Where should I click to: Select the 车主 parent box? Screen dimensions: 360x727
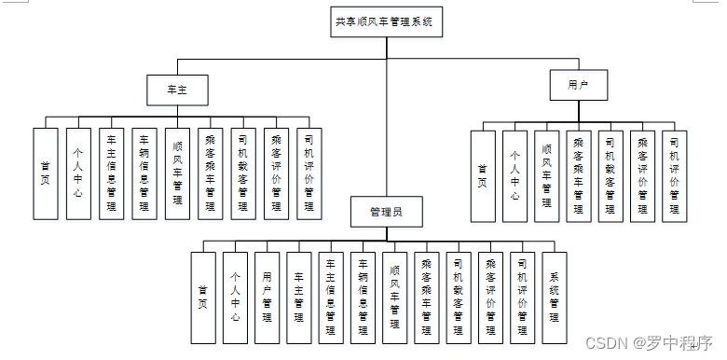point(176,90)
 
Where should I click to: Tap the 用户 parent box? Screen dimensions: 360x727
point(579,85)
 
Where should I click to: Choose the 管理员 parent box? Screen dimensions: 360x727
point(386,212)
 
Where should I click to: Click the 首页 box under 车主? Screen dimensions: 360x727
point(46,173)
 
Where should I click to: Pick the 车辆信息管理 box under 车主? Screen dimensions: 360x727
point(144,173)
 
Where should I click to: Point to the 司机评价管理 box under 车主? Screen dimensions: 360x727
point(309,173)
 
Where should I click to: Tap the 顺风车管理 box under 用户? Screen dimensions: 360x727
point(547,176)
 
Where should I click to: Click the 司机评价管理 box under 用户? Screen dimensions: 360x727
point(675,176)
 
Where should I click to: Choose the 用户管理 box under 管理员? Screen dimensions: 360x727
point(267,298)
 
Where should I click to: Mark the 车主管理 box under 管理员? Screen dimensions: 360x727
point(299,298)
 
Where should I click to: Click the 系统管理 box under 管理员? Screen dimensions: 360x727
point(555,298)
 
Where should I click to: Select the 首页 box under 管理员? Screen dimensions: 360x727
point(202,298)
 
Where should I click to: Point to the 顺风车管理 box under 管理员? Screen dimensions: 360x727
point(394,298)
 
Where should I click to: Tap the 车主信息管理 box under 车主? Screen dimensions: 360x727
point(112,173)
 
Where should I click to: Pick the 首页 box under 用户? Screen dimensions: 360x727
point(483,176)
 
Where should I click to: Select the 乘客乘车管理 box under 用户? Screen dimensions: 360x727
point(579,176)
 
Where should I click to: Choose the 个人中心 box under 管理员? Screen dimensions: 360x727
point(235,298)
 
